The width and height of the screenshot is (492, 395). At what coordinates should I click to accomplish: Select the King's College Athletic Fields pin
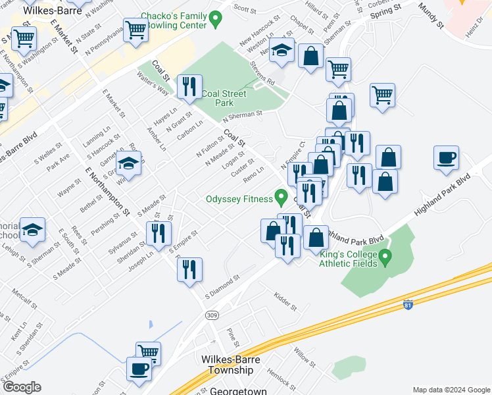(386, 255)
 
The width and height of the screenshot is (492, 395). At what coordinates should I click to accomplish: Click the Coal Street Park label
(225, 98)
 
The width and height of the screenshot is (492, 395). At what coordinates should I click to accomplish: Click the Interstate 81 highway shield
(408, 305)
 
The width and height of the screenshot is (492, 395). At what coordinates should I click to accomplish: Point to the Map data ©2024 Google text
(451, 390)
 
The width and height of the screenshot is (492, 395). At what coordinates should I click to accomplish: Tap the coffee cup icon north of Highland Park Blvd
(446, 159)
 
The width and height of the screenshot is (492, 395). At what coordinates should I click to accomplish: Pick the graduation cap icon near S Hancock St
(129, 163)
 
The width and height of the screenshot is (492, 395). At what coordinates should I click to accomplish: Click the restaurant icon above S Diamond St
(189, 269)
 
